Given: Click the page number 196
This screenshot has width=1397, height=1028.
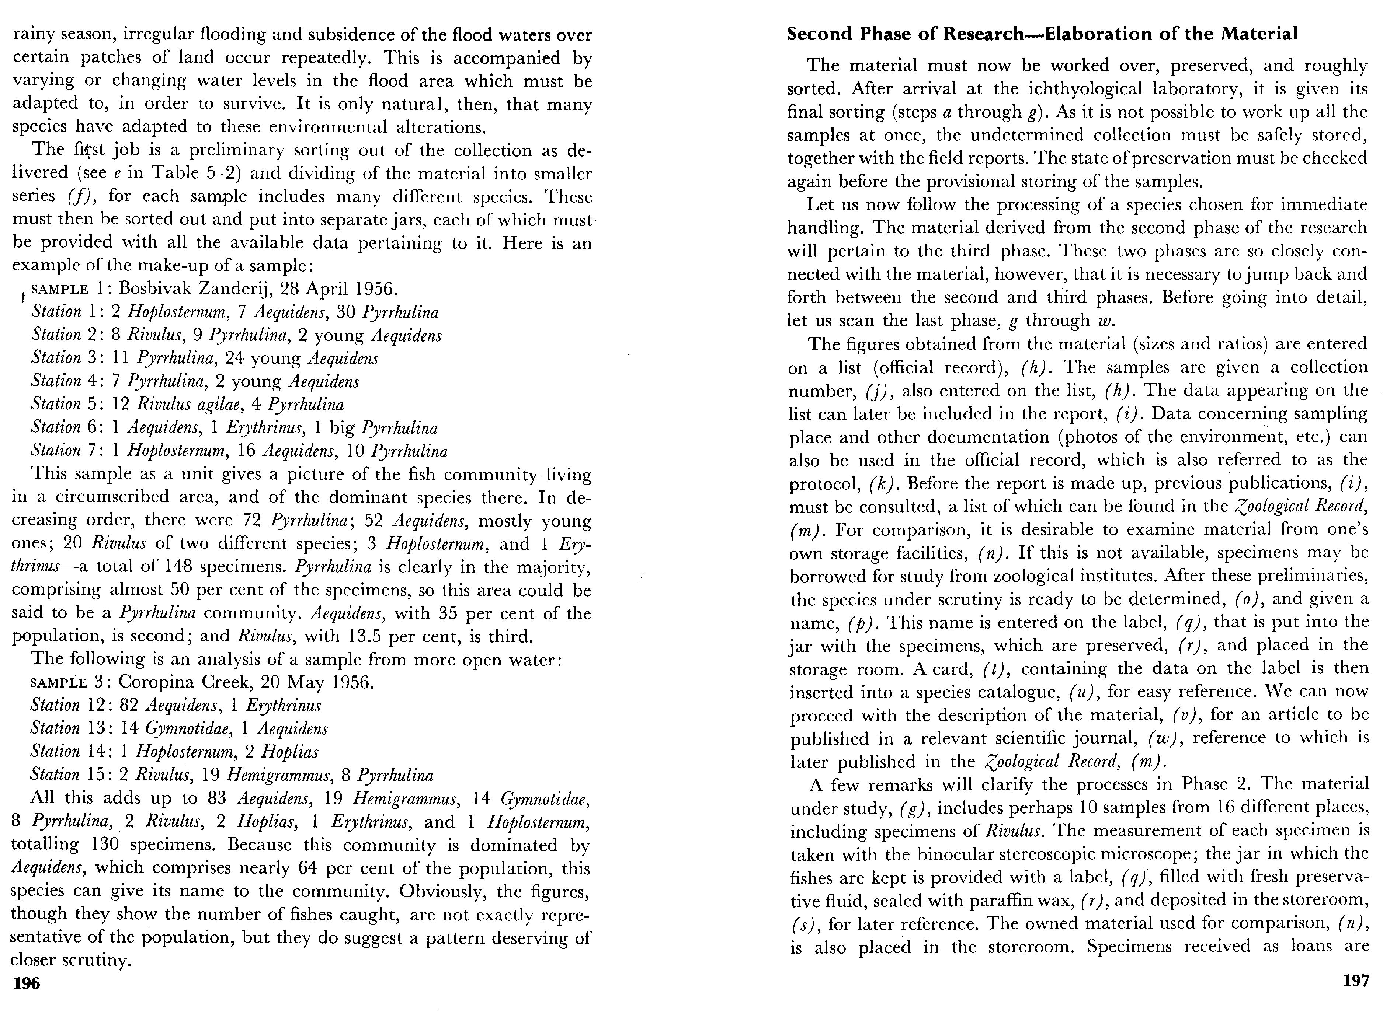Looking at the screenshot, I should (26, 984).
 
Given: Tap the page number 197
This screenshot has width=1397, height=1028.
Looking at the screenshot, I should (1356, 981).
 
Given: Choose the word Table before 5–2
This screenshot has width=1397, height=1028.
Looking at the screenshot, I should (174, 173).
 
